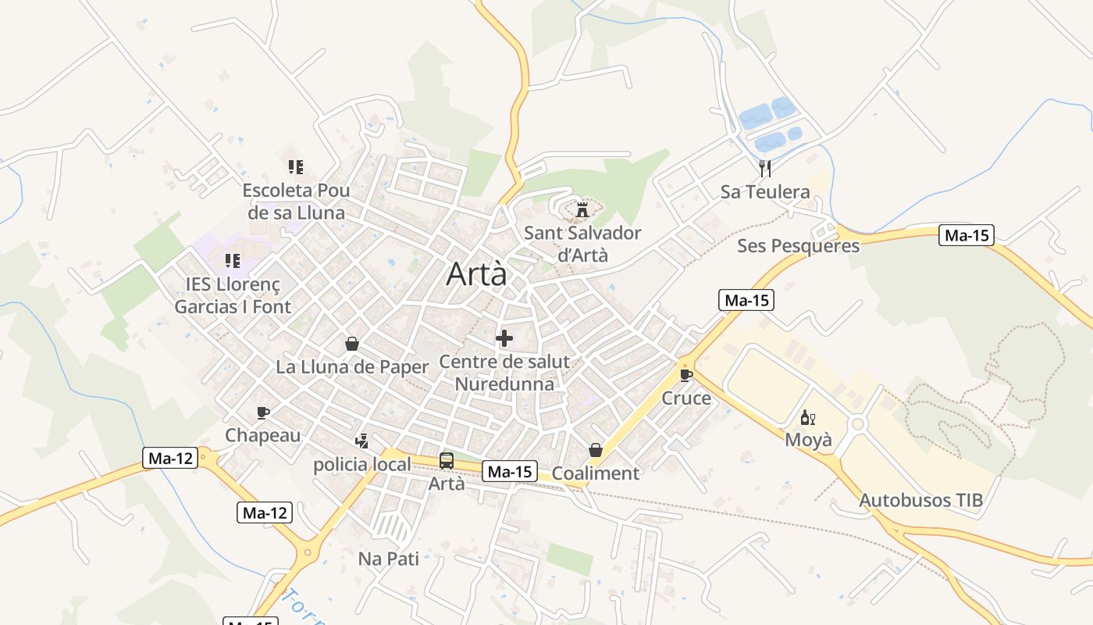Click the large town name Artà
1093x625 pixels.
(476, 274)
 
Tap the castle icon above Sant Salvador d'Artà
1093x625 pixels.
(582, 210)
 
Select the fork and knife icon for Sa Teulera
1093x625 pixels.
(765, 168)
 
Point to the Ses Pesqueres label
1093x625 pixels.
(798, 246)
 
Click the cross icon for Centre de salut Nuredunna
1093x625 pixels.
(504, 339)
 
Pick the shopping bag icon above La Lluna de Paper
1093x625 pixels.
(352, 344)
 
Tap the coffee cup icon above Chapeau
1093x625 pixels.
(263, 412)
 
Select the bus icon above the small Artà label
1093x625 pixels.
(447, 461)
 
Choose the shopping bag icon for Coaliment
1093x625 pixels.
(596, 451)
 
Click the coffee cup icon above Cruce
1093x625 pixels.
(686, 376)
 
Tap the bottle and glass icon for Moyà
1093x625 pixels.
(807, 418)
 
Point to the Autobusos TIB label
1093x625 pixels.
(920, 501)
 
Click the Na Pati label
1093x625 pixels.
(389, 559)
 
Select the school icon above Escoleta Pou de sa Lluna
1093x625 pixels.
(295, 166)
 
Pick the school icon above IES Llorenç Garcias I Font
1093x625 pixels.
(232, 260)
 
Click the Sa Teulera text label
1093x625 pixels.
(765, 192)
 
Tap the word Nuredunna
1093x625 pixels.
(504, 384)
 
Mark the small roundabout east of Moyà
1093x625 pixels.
(858, 424)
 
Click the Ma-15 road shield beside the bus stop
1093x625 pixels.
(510, 471)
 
